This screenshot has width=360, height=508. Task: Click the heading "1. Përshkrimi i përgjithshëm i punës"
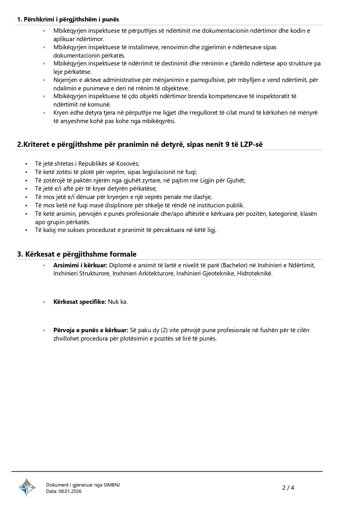click(68, 19)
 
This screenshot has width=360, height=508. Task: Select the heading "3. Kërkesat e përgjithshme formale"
click(76, 254)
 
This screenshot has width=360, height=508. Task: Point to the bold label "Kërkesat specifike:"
click(80, 302)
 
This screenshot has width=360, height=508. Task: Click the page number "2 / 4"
click(288, 488)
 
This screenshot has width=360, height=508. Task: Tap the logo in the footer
click(27, 487)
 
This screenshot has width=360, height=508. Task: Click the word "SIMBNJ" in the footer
click(112, 484)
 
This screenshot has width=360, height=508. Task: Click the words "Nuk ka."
click(118, 302)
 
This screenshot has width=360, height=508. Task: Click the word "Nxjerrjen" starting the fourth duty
click(66, 80)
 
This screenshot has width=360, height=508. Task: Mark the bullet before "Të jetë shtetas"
click(27, 164)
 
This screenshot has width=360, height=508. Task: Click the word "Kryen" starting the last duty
click(61, 113)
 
